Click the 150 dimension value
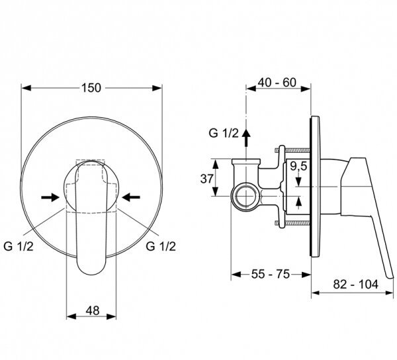click(91, 88)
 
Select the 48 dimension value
click(93, 310)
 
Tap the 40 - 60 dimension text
click(277, 83)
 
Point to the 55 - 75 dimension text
click(270, 274)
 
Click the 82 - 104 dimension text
click(355, 285)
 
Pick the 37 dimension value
click(207, 179)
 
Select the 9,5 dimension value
click(298, 166)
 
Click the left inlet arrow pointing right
click(50, 197)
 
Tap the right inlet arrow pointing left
click(131, 197)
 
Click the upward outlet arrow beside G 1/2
click(246, 138)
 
